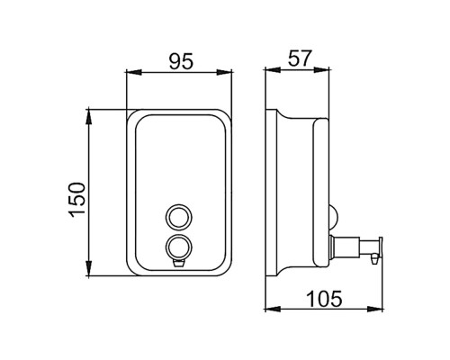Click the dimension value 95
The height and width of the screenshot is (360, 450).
tap(182, 61)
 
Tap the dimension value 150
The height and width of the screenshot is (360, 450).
tap(77, 200)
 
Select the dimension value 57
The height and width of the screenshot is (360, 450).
tap(301, 58)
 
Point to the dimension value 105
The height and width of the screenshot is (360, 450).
tap(324, 299)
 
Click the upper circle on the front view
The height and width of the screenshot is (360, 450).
tap(179, 217)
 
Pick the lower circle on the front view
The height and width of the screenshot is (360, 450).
tap(179, 247)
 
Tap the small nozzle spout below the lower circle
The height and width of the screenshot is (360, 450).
tap(179, 263)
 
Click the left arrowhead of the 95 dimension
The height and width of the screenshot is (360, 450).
tap(134, 72)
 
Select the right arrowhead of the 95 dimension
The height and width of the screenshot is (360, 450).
tap(224, 72)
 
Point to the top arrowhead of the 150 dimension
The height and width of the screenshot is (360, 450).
tap(89, 117)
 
